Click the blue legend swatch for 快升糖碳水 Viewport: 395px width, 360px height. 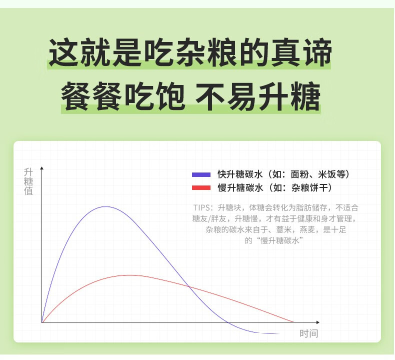click(201, 174)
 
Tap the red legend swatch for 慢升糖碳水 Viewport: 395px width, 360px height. click(201, 187)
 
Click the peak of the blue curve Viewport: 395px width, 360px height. click(106, 206)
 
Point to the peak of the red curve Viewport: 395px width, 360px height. click(130, 275)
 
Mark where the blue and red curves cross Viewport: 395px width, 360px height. click(189, 286)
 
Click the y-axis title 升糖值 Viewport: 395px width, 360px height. click(28, 181)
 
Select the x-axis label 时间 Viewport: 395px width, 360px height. click(309, 333)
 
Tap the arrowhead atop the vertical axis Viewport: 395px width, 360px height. click(42, 168)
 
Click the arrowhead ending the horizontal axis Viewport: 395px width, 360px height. click(318, 322)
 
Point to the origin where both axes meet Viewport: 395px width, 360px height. click(42, 322)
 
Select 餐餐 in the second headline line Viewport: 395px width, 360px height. click(92, 95)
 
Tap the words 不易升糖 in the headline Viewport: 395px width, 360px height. click(258, 95)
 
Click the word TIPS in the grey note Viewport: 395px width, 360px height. click(201, 207)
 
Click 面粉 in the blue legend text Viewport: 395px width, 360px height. click(300, 174)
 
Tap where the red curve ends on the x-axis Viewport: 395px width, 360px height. click(293, 321)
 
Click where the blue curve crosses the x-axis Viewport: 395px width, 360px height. click(228, 322)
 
